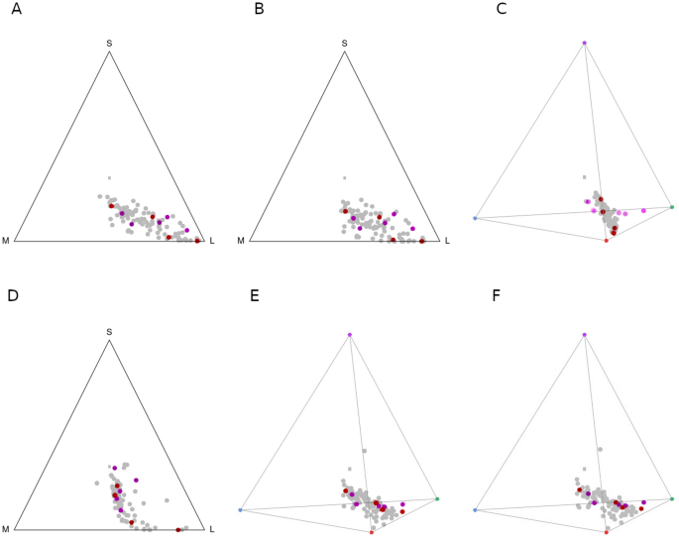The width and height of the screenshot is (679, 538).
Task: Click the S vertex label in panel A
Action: (x=109, y=43)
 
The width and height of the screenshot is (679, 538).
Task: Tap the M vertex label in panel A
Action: (x=6, y=241)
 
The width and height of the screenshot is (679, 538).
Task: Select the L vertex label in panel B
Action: (x=447, y=241)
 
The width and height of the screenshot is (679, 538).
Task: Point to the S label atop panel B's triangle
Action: (x=344, y=43)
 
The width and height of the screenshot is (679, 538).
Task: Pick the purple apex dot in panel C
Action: (x=585, y=43)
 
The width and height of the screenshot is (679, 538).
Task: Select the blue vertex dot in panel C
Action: (x=476, y=218)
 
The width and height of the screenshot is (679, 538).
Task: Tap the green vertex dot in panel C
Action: (x=672, y=206)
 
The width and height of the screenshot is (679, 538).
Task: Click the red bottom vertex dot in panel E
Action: (x=372, y=532)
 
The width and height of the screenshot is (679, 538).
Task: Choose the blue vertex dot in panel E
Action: (x=241, y=510)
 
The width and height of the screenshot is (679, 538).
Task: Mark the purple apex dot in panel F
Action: (x=585, y=335)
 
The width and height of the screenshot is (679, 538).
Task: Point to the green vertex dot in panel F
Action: (x=672, y=498)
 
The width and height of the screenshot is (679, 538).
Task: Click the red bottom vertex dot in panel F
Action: (x=607, y=532)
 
